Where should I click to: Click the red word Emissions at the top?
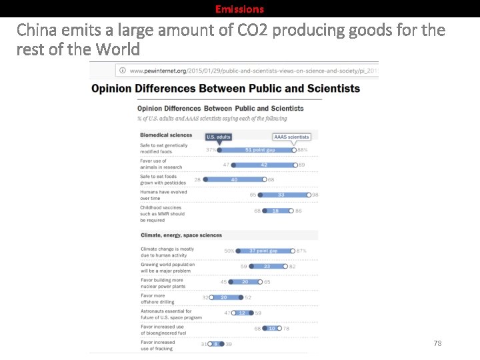[239, 9]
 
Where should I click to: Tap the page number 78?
[437, 343]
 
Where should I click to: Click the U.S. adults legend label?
[219, 137]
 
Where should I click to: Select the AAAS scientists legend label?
[291, 137]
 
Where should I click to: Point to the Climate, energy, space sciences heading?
[181, 235]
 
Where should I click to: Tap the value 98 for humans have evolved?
[315, 195]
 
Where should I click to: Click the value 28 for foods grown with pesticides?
[197, 179]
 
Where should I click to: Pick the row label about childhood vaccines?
[163, 213]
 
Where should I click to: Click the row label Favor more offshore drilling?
[157, 299]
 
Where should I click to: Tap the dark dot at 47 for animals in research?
[235, 165]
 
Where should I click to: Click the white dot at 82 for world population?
[285, 266]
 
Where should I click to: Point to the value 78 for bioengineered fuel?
[287, 328]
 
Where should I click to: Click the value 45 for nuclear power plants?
[223, 282]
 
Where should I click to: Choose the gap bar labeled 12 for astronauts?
[243, 313]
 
